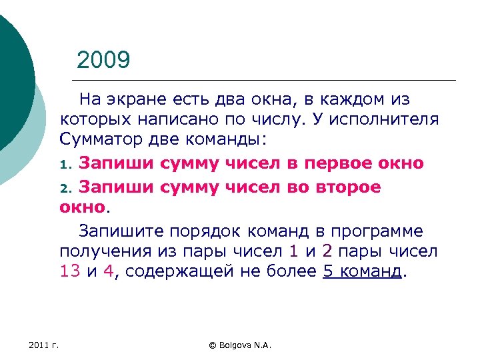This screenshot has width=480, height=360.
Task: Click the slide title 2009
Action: (x=103, y=61)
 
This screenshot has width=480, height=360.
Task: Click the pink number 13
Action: (x=70, y=273)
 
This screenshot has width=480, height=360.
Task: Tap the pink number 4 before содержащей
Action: (x=108, y=273)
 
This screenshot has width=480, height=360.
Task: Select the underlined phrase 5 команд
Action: (x=362, y=273)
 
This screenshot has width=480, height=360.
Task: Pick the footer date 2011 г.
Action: (x=44, y=345)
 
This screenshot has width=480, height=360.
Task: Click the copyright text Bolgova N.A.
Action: (x=242, y=345)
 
